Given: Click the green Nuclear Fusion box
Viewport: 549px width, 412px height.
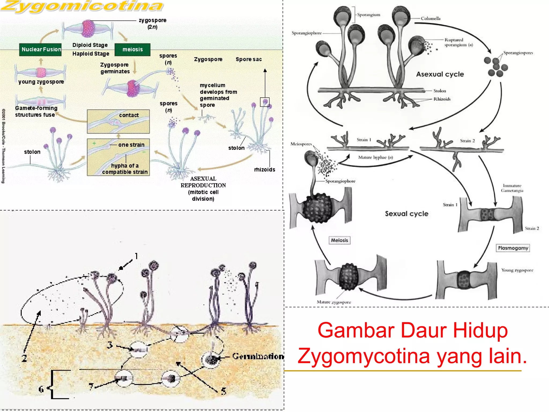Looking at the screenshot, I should (x=40, y=50).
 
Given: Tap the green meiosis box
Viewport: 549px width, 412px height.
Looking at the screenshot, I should (x=132, y=50).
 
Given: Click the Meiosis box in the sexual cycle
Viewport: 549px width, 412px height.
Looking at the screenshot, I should (x=339, y=240).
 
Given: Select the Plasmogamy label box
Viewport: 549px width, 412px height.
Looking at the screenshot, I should (x=513, y=248).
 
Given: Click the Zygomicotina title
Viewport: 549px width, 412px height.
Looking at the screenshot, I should (x=82, y=6).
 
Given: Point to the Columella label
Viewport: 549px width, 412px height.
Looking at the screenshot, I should (x=431, y=19).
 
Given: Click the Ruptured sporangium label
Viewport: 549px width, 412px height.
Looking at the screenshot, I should (x=458, y=42).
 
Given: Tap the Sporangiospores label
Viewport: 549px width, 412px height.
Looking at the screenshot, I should (x=518, y=53).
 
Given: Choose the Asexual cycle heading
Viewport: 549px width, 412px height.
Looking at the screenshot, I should (x=440, y=74).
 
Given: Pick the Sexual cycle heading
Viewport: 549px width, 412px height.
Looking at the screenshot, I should (x=406, y=214).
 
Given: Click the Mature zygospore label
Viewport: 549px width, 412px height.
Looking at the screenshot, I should (x=334, y=302).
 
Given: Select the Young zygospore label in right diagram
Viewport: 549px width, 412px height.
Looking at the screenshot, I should (x=517, y=270).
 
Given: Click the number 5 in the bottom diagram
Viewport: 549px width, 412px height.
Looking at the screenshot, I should (x=224, y=391).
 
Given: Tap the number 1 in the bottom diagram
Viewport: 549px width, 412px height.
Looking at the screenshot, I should (x=136, y=256).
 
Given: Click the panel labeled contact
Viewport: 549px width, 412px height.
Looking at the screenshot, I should (x=118, y=122).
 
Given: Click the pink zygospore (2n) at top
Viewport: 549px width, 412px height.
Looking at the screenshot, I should (x=88, y=29).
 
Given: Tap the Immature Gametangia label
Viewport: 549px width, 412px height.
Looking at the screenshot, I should (x=512, y=188).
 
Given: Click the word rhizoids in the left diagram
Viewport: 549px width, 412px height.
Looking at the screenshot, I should (x=265, y=170).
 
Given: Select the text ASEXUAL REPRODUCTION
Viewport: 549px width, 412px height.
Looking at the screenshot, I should (x=203, y=182).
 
